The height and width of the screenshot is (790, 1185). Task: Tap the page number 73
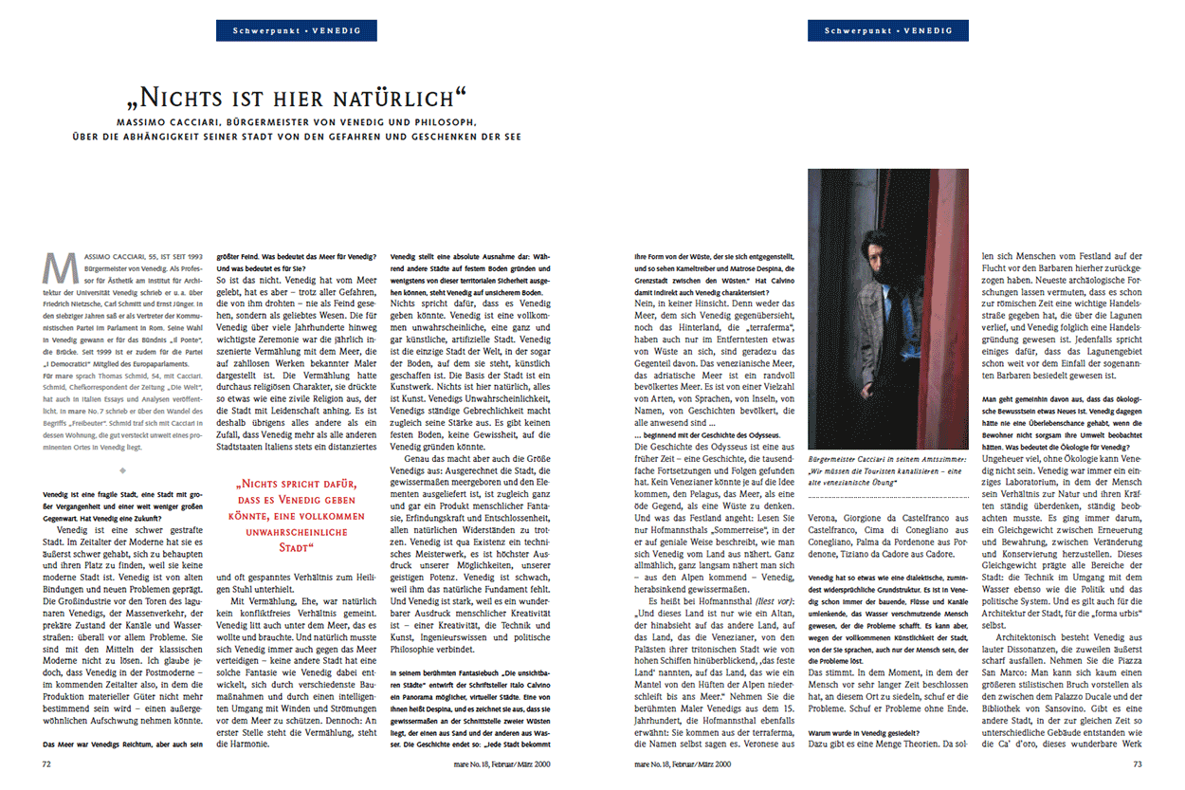click(x=1137, y=762)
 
